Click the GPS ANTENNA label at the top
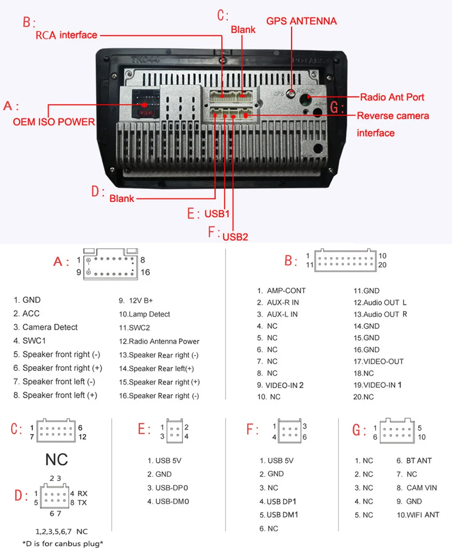(x=301, y=21)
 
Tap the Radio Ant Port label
(x=392, y=97)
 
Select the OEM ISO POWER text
(x=54, y=122)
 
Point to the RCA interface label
(x=66, y=35)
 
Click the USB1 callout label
(x=217, y=214)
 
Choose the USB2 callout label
(x=235, y=237)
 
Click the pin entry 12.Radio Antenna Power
(x=159, y=342)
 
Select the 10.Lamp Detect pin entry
(x=145, y=315)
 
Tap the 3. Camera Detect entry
(x=46, y=327)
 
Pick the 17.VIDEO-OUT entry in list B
(x=378, y=362)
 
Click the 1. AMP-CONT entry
(x=282, y=291)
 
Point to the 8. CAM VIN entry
(x=417, y=488)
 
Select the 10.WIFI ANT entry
(x=418, y=515)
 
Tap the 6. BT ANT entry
(x=414, y=461)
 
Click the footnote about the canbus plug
(x=63, y=543)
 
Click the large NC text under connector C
(x=56, y=460)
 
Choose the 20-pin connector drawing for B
(x=345, y=260)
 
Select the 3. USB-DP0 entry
(x=168, y=488)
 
